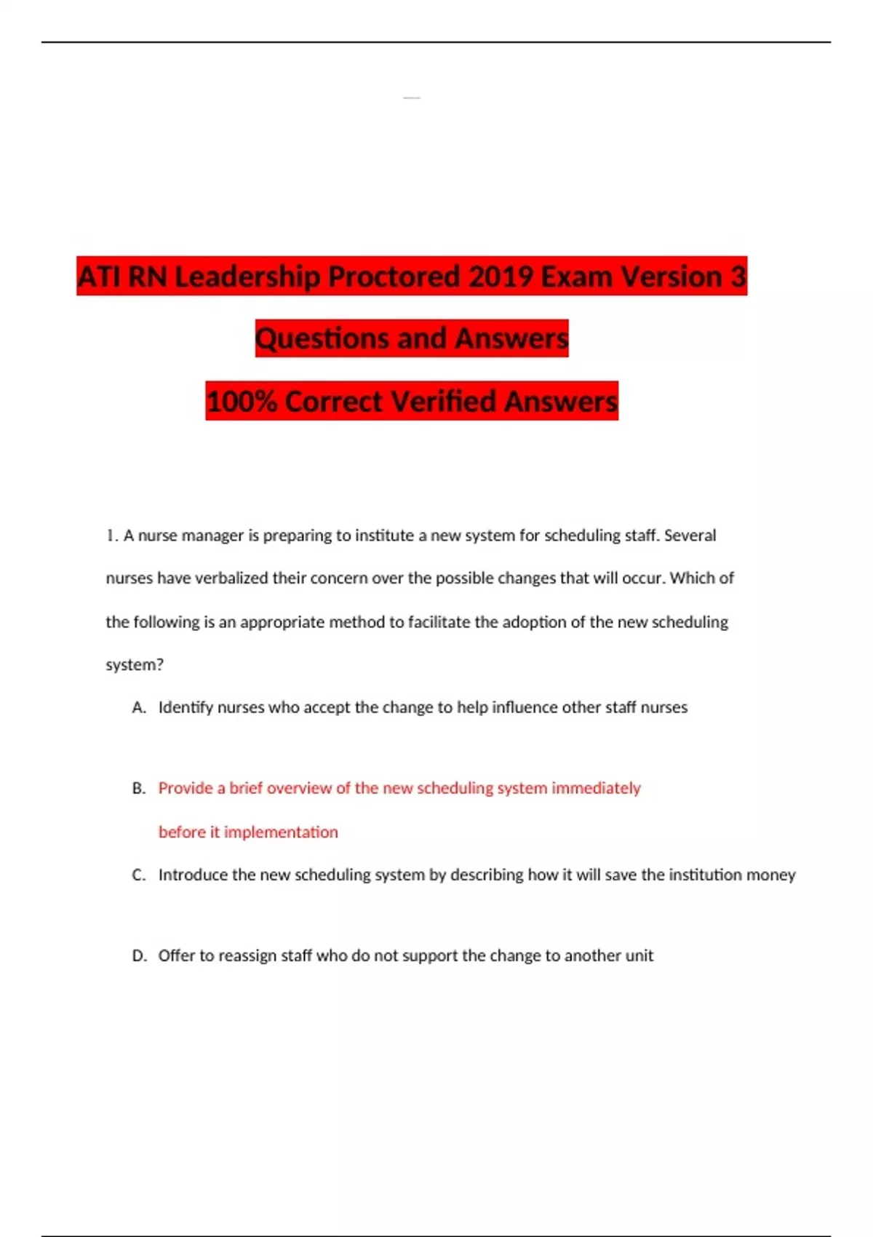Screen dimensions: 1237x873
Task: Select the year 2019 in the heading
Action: tap(501, 277)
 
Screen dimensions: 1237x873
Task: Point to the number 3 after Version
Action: tap(738, 277)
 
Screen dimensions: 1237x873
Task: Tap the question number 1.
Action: tap(111, 536)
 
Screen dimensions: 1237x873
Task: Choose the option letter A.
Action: tap(138, 708)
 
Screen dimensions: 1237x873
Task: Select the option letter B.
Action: tap(138, 789)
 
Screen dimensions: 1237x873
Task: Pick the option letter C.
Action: tap(138, 875)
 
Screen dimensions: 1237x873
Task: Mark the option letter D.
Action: tap(138, 956)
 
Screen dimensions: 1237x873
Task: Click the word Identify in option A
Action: tap(186, 708)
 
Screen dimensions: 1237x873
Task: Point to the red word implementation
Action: tap(281, 832)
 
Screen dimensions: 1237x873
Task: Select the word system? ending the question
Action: tap(135, 665)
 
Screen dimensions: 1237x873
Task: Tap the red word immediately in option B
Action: tap(596, 789)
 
